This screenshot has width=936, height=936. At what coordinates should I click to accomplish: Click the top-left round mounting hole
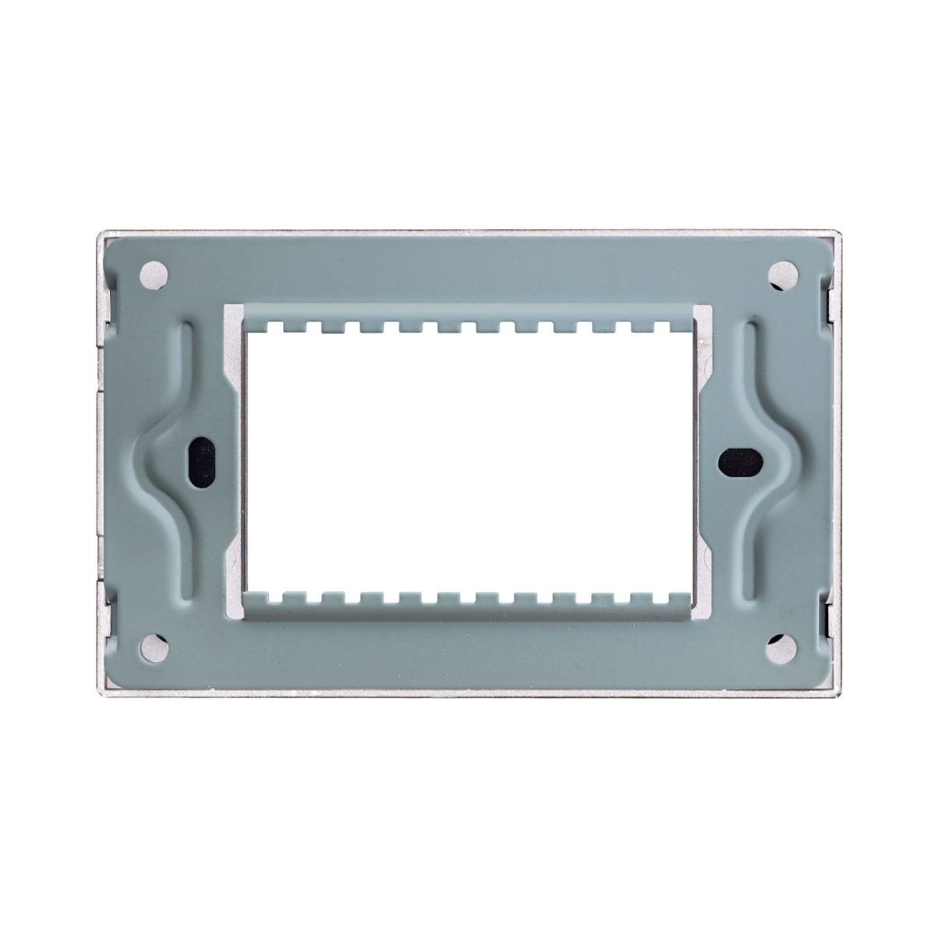154,275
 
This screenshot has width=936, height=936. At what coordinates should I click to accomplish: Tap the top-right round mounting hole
782,275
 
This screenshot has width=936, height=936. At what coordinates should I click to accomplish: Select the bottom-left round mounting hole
154,647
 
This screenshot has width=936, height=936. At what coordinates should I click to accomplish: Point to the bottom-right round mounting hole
782,647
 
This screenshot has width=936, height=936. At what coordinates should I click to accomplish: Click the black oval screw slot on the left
202,461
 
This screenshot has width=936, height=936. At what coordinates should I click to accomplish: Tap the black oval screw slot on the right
740,461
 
